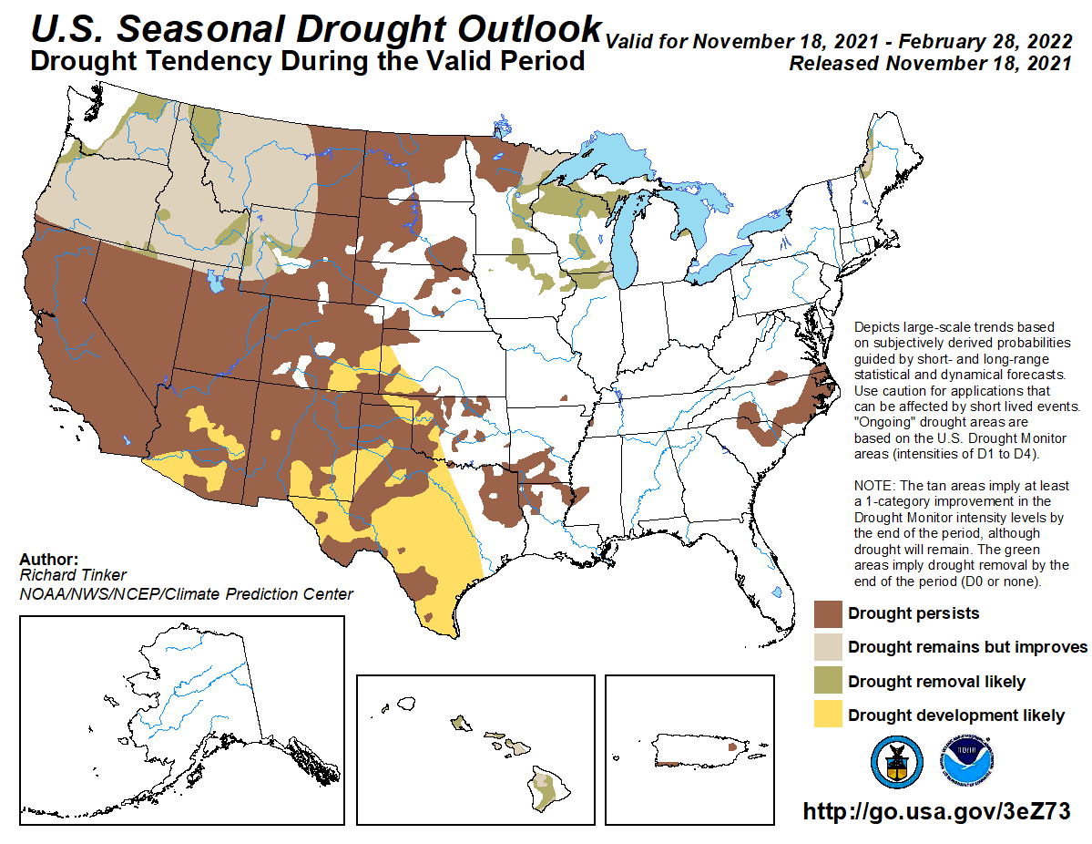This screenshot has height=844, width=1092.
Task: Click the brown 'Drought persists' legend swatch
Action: (x=827, y=613)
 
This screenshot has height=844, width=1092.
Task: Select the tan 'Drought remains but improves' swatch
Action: (x=827, y=647)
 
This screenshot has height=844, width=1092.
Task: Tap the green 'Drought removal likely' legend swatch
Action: (x=827, y=682)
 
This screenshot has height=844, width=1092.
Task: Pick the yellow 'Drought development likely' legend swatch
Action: (x=827, y=715)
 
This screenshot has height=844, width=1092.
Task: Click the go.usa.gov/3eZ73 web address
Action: (x=935, y=811)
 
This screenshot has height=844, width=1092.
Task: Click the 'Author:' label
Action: (x=48, y=560)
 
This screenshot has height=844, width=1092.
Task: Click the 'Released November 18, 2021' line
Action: (x=930, y=64)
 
